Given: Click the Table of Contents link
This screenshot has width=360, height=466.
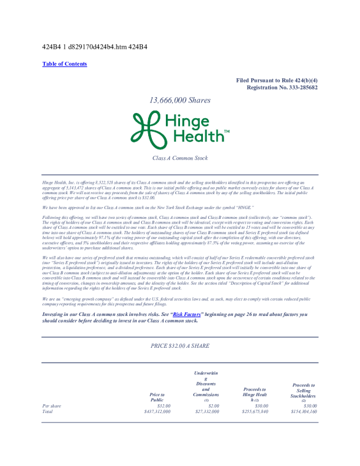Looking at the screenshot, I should click(65, 64).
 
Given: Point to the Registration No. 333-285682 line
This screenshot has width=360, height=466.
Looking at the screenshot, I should click(282, 87).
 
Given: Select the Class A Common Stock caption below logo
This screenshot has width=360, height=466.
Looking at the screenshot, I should click(179, 158).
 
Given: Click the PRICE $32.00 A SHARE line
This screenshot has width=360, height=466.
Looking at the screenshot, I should click(179, 347).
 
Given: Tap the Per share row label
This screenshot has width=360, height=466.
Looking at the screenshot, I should click(51, 406).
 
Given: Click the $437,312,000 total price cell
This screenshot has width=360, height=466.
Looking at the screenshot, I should click(154, 412).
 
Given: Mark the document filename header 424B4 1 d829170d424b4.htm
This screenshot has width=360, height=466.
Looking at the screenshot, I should click(95, 46).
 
